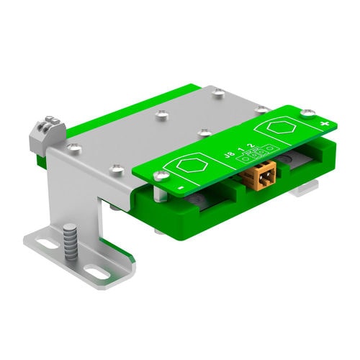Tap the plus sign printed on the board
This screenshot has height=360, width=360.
[325, 125]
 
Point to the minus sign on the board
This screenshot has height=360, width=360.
[180, 190]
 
